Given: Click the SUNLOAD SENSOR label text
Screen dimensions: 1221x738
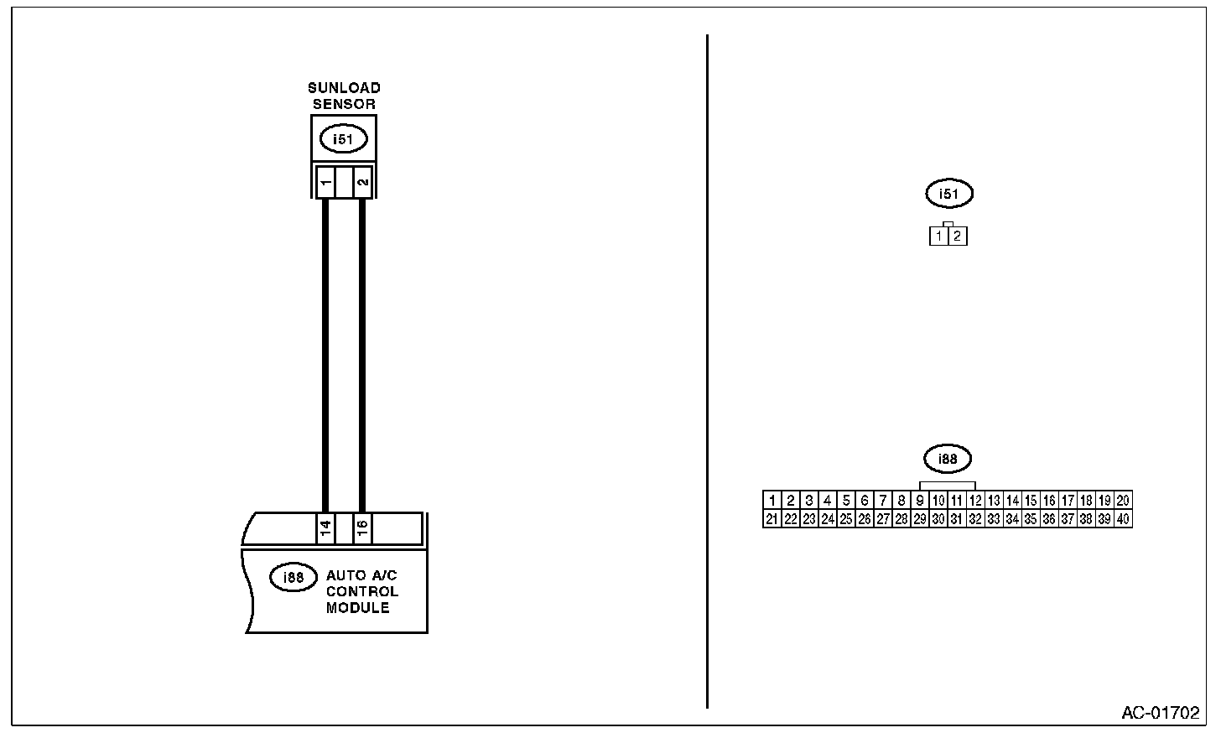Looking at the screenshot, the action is coord(344,96).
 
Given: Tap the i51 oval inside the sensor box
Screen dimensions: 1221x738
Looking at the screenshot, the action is coord(343,139).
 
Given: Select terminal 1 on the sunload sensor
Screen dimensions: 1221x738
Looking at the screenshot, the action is coord(325,181).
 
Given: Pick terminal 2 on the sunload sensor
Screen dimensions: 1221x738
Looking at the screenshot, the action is coord(362,181).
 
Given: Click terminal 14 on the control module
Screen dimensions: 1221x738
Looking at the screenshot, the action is coord(325,528).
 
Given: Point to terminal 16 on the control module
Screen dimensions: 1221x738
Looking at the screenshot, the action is coord(362,528).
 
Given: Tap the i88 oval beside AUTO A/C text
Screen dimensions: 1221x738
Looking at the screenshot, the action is coord(293,577).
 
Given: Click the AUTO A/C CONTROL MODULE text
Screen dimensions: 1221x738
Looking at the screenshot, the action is coord(361,592).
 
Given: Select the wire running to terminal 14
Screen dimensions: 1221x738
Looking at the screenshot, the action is coord(325,352).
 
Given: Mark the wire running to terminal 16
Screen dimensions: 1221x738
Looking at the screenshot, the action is coord(362,352).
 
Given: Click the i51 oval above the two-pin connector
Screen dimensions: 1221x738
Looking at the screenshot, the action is coord(948,195).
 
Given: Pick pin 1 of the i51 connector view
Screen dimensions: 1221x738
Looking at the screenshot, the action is coord(939,236).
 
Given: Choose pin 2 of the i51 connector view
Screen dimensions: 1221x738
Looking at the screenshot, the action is coord(958,236).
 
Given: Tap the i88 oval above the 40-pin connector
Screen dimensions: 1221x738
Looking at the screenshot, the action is coord(948,459).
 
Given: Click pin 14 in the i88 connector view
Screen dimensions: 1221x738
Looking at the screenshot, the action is coord(1012,501).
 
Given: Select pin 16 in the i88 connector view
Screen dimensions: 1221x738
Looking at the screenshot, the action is coord(1049,501).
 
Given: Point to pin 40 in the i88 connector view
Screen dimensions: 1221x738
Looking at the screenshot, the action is coord(1123,519).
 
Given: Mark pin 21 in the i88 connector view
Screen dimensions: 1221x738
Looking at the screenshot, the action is coord(772,519).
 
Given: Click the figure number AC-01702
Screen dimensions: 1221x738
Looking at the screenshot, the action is coord(1161,714).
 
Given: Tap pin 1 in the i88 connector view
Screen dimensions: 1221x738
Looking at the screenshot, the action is coord(772,501).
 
